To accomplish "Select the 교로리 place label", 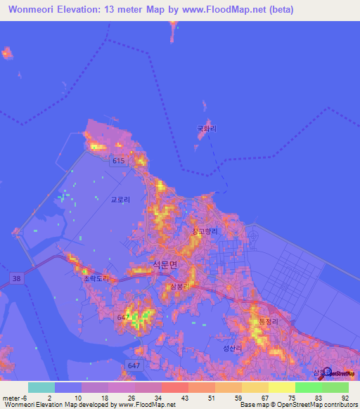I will click(x=120, y=200).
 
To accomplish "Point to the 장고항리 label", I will click(x=205, y=231).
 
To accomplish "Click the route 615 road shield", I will click(x=118, y=162).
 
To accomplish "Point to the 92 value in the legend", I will click(x=345, y=397).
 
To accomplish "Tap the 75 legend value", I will click(x=292, y=397).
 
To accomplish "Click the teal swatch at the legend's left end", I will click(x=41, y=387).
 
